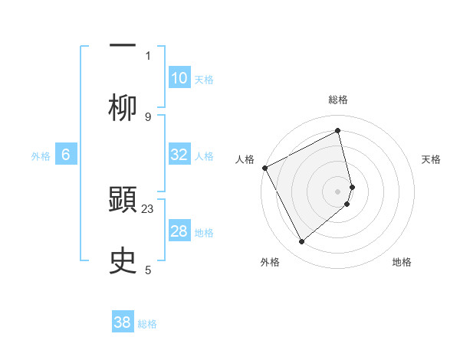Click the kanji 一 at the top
pos(123,44)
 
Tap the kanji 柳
pos(123,106)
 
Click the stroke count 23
pos(148,208)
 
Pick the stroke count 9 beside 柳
pos(148,116)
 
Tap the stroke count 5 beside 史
pos(148,270)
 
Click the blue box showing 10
pos(179,78)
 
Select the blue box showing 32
pos(179,155)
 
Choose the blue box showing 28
pos(179,231)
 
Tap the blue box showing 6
pos(66,155)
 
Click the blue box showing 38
pos(123,322)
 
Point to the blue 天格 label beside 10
pos(204,80)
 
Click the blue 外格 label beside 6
pos(41,156)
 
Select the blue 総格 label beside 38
pos(147,324)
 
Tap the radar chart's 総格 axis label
pos(338,100)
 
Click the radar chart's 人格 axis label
pos(245,159)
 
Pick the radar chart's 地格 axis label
pos(402,262)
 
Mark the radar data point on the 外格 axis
pos(301,242)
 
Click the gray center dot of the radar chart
pos(338,190)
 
